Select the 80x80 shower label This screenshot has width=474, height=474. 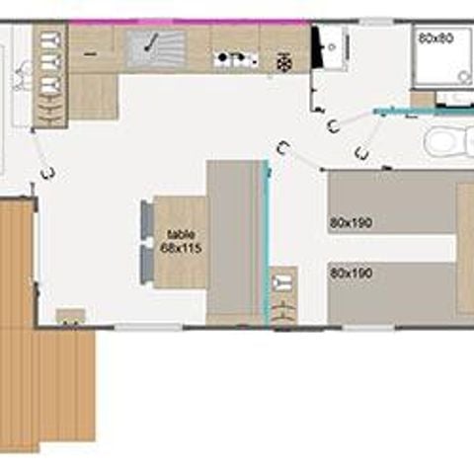click(x=434, y=38)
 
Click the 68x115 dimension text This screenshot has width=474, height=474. click(x=181, y=248)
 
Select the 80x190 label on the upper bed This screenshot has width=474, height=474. click(x=352, y=223)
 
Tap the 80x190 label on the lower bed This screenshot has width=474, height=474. click(x=352, y=272)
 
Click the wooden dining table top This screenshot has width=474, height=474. click(x=181, y=242)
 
